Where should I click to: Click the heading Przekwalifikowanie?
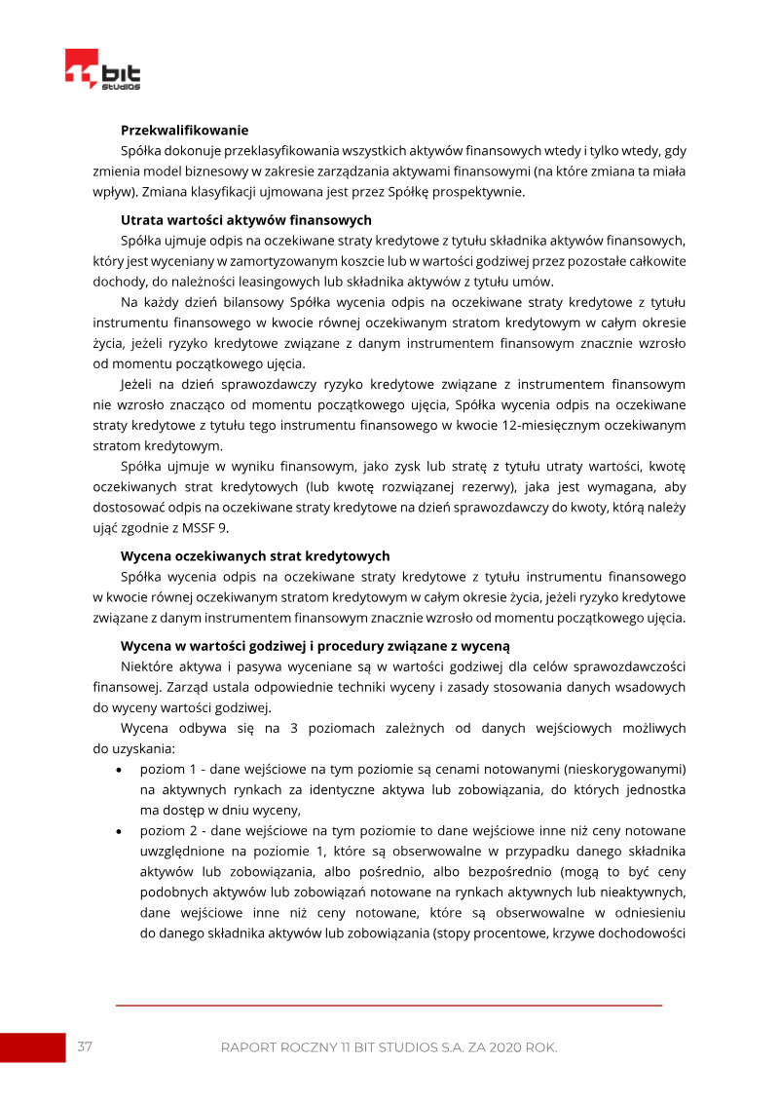[x=184, y=130]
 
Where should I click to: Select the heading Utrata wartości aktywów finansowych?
[x=245, y=219]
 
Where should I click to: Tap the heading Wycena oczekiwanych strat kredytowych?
[x=255, y=555]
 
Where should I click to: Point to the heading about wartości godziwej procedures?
[x=315, y=646]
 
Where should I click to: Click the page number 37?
[x=85, y=1046]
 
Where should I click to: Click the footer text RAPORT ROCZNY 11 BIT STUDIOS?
[x=389, y=1047]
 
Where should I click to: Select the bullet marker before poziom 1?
[x=119, y=770]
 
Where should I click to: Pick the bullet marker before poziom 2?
[x=119, y=831]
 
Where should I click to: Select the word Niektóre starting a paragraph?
[x=148, y=666]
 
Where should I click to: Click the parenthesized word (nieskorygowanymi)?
[x=627, y=769]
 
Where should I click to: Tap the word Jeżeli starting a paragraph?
[x=139, y=385]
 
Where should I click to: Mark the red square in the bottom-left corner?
[x=32, y=1047]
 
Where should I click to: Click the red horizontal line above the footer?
[x=389, y=1005]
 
